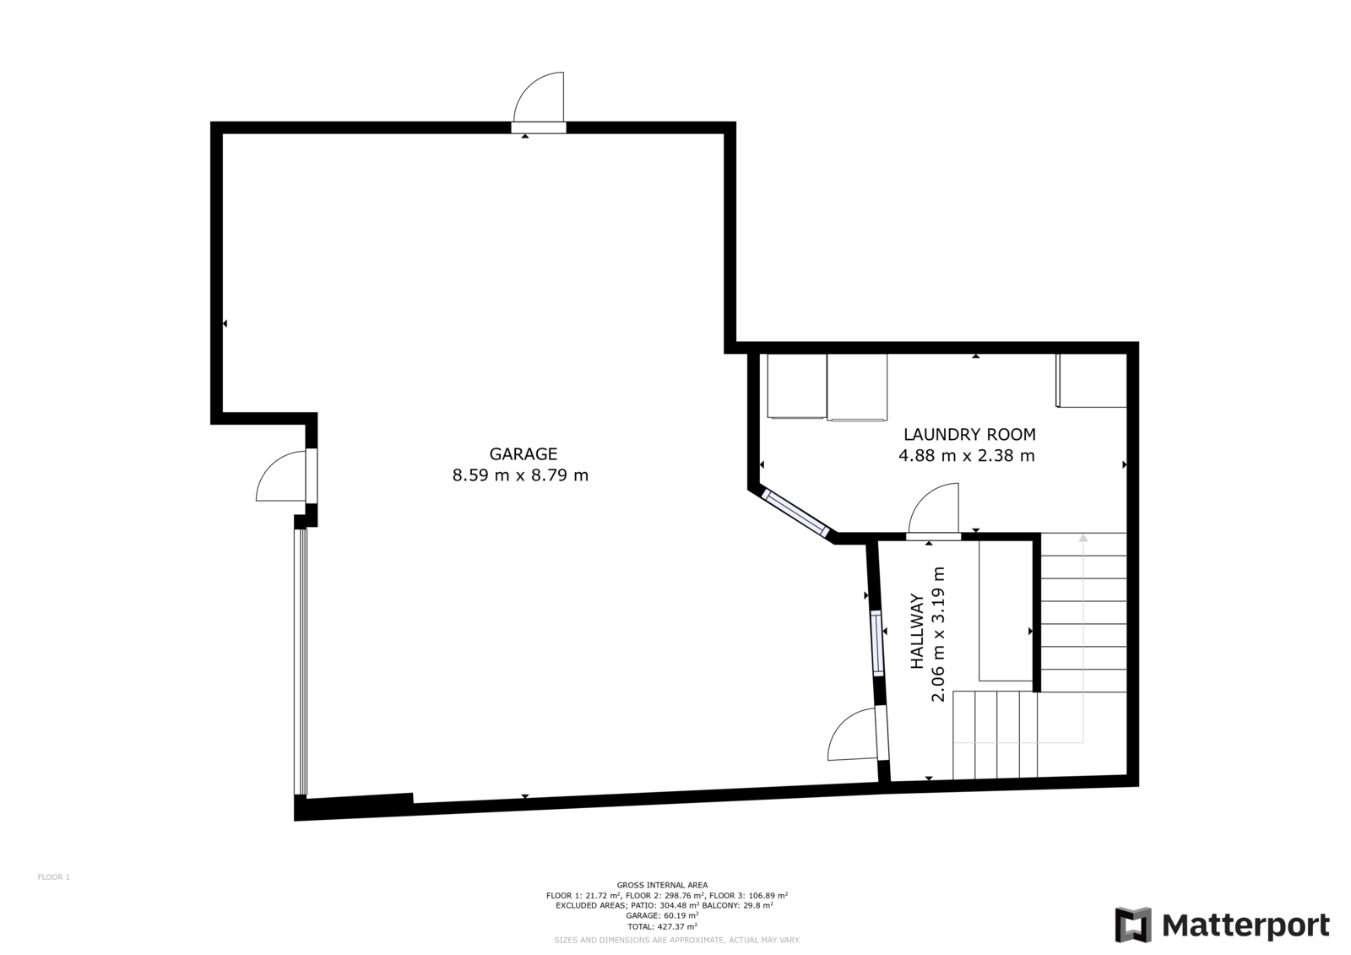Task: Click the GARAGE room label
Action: pyautogui.click(x=523, y=453)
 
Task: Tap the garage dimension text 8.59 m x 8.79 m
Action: pyautogui.click(x=520, y=475)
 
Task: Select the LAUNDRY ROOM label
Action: pyautogui.click(x=969, y=434)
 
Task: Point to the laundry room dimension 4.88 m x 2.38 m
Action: pyautogui.click(x=967, y=455)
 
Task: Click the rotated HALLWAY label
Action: pyautogui.click(x=917, y=632)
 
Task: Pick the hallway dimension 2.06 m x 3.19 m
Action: pyautogui.click(x=938, y=634)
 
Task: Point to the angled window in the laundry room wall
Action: pyautogui.click(x=795, y=513)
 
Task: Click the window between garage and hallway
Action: pyautogui.click(x=876, y=643)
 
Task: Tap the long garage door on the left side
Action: pyautogui.click(x=301, y=662)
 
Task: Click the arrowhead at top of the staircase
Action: pyautogui.click(x=1083, y=538)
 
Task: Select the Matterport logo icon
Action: pyautogui.click(x=1133, y=925)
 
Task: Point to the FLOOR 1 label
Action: pyautogui.click(x=54, y=877)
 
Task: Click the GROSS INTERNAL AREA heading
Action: pyautogui.click(x=662, y=886)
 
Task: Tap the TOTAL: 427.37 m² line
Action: pyautogui.click(x=662, y=926)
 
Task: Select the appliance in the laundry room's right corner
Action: pyautogui.click(x=1091, y=381)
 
